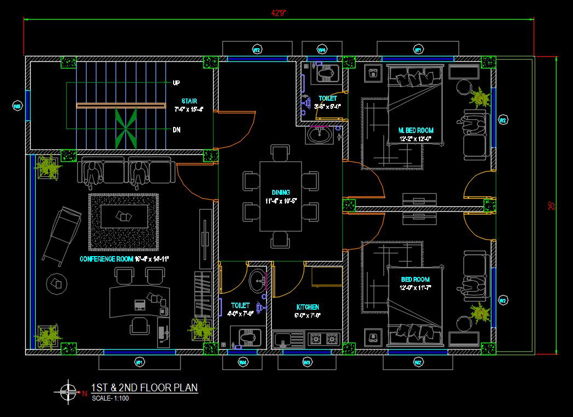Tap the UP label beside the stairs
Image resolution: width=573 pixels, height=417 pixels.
176,83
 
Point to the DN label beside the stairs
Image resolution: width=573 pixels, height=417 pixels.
176,130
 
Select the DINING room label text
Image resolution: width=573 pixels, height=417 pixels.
280,193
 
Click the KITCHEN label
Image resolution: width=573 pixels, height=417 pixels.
307,307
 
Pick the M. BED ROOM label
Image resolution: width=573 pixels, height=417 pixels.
416,130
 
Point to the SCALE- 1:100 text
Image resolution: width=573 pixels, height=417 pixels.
110,398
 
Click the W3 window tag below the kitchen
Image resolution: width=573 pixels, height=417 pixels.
307,362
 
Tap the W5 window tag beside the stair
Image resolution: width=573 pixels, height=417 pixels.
16,106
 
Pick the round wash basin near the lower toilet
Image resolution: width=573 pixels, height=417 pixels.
256,282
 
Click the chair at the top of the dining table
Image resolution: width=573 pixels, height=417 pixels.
280,152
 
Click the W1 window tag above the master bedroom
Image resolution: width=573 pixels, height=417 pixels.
417,50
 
